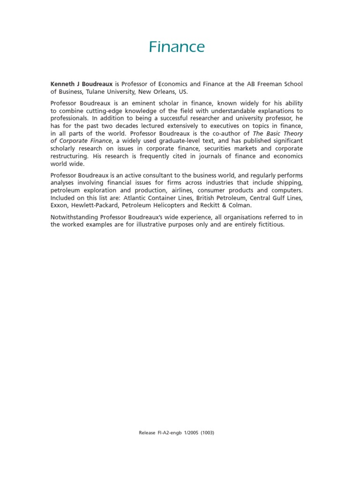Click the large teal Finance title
[177, 47]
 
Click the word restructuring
[70, 156]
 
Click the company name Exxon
[59, 205]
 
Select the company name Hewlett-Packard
[96, 205]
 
